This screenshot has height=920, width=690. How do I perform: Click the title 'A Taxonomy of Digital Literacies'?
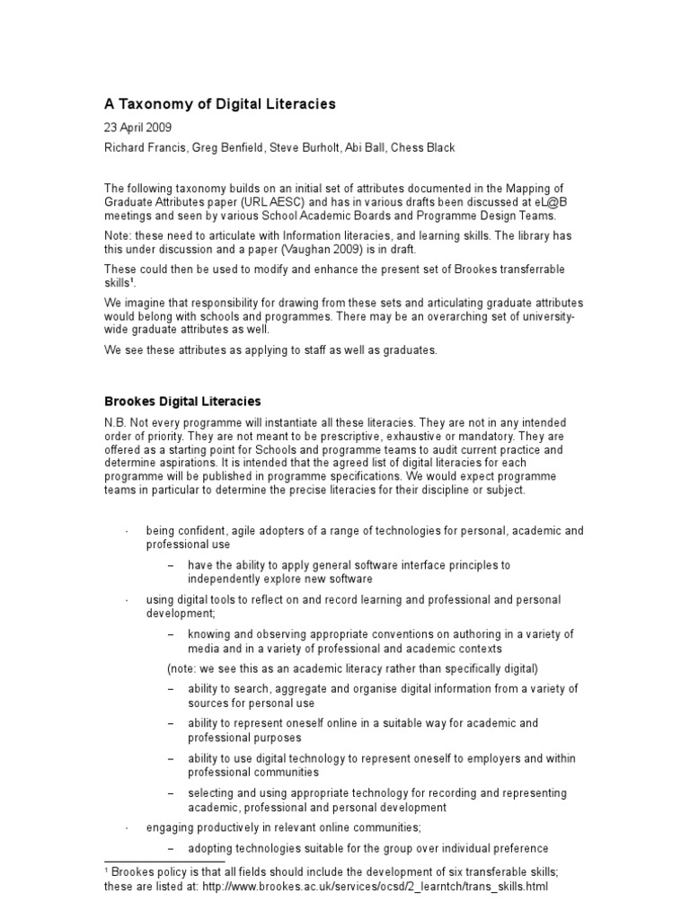pos(220,104)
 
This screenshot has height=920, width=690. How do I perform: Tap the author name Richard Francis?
pos(142,146)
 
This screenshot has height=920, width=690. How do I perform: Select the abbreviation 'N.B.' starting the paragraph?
pos(118,422)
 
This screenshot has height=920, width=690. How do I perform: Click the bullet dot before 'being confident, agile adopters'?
pos(126,531)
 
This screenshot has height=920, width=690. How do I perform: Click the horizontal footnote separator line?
pos(164,862)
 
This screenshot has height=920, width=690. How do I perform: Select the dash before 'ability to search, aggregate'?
pos(171,689)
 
